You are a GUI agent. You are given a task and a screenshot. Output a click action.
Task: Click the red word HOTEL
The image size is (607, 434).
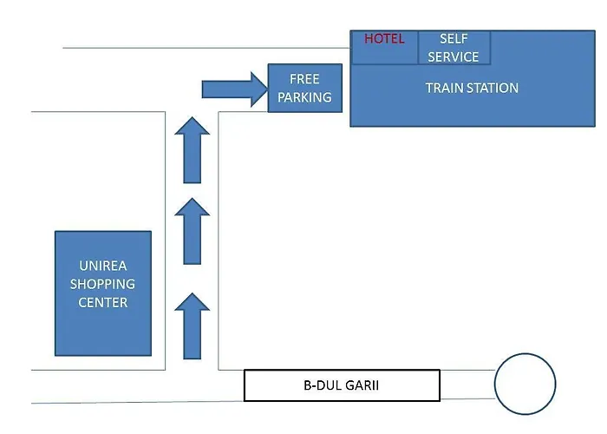pos(384,39)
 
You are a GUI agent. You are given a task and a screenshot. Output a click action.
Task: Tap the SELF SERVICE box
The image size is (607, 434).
pos(454,48)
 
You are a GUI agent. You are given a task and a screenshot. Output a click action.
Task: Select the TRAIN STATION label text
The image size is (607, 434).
pos(472,88)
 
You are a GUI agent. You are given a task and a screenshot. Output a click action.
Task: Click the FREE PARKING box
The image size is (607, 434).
pos(304,88)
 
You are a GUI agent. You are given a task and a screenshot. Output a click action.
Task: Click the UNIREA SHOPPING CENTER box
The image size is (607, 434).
pos(103,293)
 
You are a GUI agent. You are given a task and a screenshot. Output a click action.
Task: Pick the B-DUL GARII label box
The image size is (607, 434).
pos(342,385)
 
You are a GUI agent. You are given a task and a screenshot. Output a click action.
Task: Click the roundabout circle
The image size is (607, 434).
pos(525,384)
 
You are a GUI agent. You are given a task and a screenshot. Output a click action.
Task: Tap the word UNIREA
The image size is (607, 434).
pos(103,265)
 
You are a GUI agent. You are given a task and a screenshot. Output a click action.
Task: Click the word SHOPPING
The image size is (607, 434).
pos(103,284)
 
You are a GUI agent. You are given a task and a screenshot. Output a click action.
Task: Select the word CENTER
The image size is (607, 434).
pos(103,302)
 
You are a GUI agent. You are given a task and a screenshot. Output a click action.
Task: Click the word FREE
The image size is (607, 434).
pos(304,79)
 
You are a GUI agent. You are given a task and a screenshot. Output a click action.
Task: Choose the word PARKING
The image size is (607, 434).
pos(304,97)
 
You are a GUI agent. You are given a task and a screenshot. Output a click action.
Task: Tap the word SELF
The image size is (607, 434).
pos(454,39)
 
